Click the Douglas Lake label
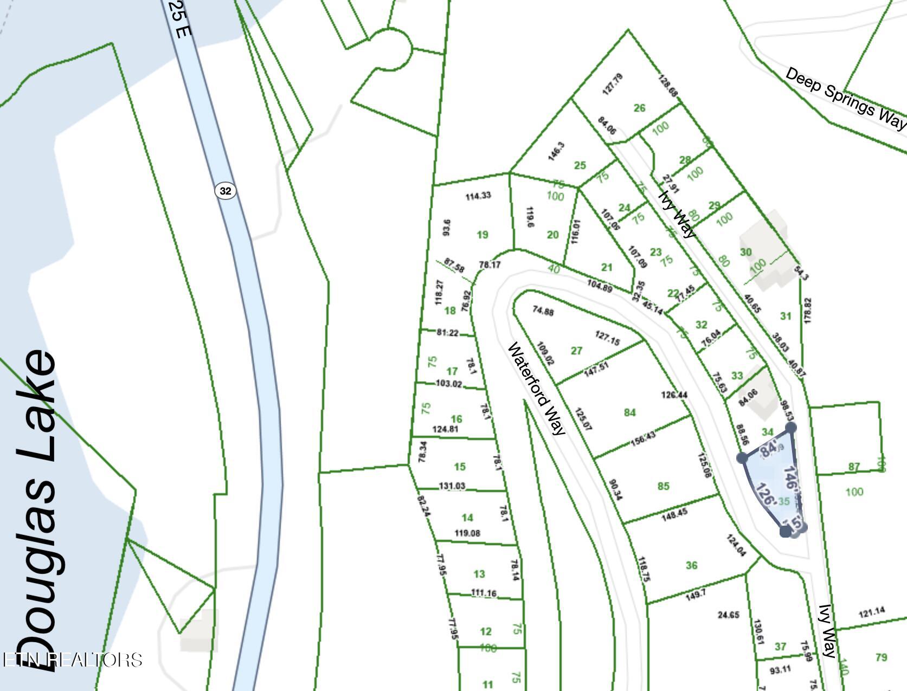(x=37, y=509)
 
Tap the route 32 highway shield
(x=226, y=191)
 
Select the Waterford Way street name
(x=537, y=388)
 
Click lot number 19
(x=483, y=235)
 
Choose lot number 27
(x=576, y=351)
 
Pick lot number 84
(x=629, y=412)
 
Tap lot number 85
(x=664, y=486)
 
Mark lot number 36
(x=691, y=565)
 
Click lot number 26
(x=640, y=108)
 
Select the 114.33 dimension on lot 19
(x=478, y=196)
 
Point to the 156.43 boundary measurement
(x=643, y=438)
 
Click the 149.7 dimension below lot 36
(x=696, y=595)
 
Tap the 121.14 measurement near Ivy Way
(x=872, y=612)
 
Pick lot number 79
(x=881, y=657)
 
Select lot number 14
(x=467, y=518)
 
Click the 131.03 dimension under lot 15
(x=452, y=486)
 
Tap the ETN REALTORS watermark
(x=72, y=660)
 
